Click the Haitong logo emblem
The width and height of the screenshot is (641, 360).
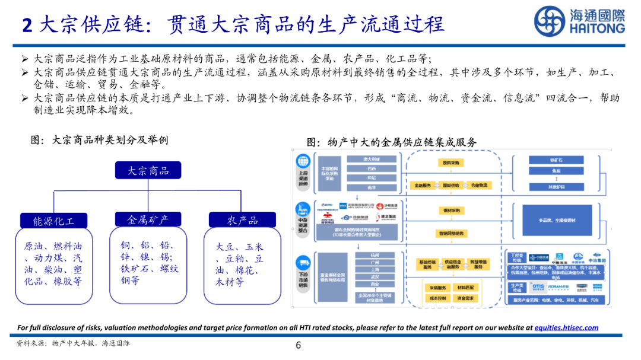[x=549, y=22]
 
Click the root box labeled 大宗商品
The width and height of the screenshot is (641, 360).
[x=148, y=171]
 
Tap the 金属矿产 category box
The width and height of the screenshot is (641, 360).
[x=148, y=219]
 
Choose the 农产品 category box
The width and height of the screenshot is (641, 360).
[x=242, y=220]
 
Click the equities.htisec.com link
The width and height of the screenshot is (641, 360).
[x=566, y=327]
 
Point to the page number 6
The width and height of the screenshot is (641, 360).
[x=299, y=346]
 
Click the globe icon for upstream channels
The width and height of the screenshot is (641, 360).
[x=303, y=161]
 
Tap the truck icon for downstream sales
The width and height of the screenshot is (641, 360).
[x=303, y=262]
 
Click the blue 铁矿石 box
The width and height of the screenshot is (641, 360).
[x=556, y=160]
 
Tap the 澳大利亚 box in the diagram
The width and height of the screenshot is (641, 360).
[x=372, y=160]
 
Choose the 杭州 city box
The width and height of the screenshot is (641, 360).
[x=374, y=256]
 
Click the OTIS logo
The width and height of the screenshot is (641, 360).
[x=538, y=287]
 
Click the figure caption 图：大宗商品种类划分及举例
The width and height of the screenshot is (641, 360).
[x=99, y=140]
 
